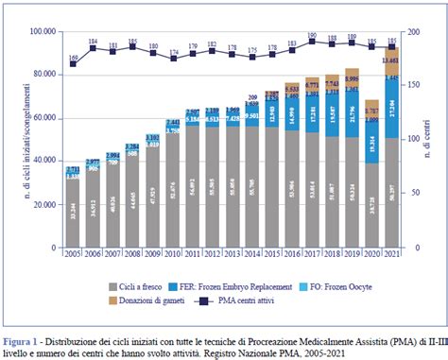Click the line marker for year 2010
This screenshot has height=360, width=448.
coord(173,59)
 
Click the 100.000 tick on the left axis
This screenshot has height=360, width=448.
coord(42,32)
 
